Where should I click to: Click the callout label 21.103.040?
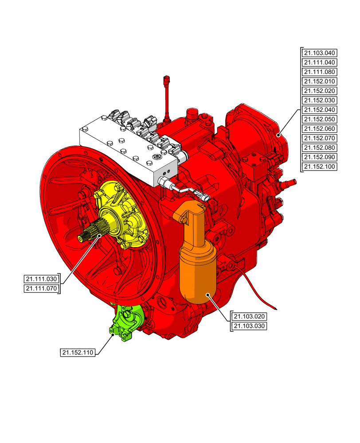pyautogui.click(x=320, y=53)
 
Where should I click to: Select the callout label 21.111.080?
pyautogui.click(x=320, y=72)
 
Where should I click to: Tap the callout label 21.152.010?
pyautogui.click(x=320, y=82)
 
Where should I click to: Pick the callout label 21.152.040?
pyautogui.click(x=320, y=110)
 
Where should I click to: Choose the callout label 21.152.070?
pyautogui.click(x=320, y=138)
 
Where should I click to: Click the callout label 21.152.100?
pyautogui.click(x=320, y=167)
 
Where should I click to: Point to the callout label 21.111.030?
pyautogui.click(x=41, y=279)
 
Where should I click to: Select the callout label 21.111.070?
pyautogui.click(x=41, y=289)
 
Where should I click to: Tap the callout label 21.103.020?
pyautogui.click(x=249, y=317)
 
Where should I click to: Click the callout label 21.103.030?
pyautogui.click(x=249, y=326)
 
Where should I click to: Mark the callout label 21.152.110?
pyautogui.click(x=78, y=353)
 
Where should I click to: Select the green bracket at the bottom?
pyautogui.click(x=126, y=323)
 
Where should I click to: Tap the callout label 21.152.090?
pyautogui.click(x=320, y=157)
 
